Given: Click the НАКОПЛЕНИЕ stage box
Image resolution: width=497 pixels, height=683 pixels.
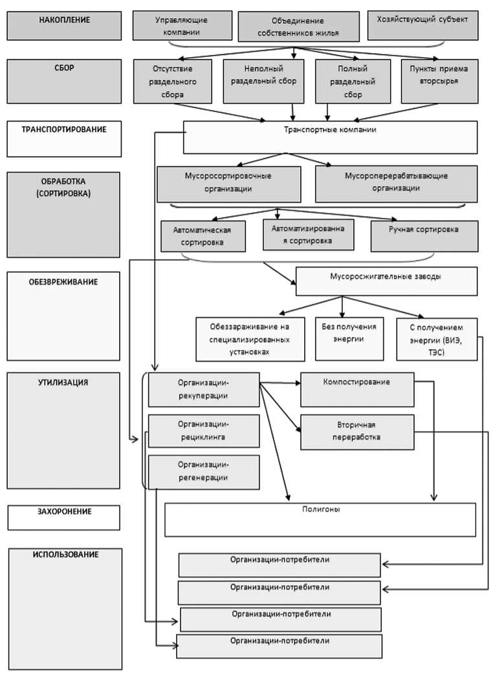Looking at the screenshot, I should pos(64,25).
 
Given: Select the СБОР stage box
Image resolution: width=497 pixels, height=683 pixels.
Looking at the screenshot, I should pos(64,81).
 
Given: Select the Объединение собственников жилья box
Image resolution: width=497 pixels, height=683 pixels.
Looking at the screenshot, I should pos(298,27).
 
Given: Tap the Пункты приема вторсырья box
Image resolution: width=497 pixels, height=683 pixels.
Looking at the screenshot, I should pos(439,81).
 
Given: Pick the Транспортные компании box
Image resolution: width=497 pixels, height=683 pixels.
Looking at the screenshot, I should pos(330,137).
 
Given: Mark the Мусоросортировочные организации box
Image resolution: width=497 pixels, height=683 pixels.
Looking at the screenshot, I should pos(229,184).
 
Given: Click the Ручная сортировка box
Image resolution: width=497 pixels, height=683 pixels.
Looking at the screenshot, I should pos(425,236).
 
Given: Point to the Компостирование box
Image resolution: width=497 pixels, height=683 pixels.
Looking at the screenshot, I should pos(357,389).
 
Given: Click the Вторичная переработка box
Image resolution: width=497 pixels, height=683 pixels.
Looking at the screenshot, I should pos(357,431).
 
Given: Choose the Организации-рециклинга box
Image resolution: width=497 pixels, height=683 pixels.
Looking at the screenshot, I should pos(204,431).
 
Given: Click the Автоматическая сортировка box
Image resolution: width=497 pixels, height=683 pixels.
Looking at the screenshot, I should pos(203,236).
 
